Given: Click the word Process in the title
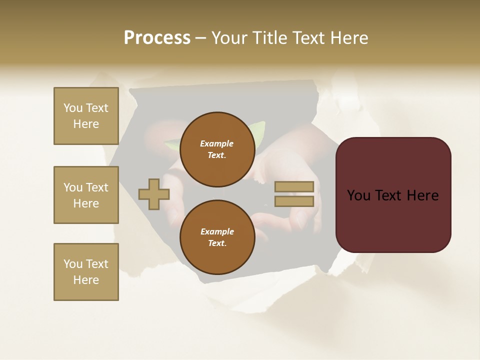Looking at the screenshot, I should [157, 38].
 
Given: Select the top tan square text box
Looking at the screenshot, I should [86, 116].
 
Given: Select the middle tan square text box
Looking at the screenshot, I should [86, 195].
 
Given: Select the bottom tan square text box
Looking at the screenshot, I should [86, 272].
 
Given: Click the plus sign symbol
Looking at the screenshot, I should [153, 194].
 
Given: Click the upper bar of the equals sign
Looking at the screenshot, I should [294, 187].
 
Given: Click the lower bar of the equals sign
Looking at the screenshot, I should [294, 201].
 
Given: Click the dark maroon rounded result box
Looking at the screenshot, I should [393, 220].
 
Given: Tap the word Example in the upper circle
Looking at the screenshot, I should [216, 143].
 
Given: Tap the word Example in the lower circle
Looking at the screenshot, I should [216, 231].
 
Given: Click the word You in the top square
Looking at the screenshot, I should [72, 108].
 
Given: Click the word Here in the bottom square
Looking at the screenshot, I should [86, 280].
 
